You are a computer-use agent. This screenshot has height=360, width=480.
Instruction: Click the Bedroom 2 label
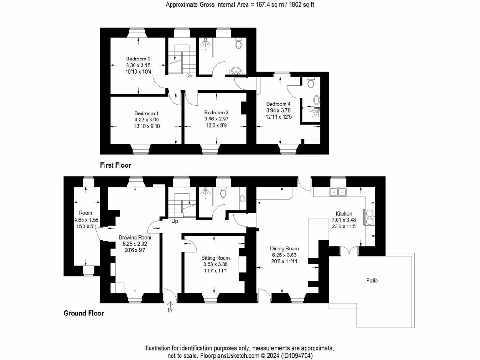(138, 59)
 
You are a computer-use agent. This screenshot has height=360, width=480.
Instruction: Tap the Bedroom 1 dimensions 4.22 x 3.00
(147, 120)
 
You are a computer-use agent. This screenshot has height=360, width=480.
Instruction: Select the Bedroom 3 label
(216, 113)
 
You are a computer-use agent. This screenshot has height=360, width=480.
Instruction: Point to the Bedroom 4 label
(278, 104)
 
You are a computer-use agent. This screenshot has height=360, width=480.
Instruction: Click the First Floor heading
(115, 165)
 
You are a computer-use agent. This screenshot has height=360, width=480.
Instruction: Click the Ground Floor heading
(83, 314)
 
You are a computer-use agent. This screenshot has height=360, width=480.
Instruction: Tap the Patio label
(372, 281)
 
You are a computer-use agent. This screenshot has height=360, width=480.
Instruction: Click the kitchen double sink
(338, 191)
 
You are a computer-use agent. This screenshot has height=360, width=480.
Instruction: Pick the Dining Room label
(284, 248)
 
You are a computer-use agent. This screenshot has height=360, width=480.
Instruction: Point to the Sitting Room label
(216, 258)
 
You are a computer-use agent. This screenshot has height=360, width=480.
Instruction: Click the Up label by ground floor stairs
(175, 221)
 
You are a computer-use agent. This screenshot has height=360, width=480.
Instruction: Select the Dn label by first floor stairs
(189, 75)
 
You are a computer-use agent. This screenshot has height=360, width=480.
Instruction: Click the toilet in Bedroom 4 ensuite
(310, 83)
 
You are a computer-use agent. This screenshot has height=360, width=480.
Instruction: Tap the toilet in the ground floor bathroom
(224, 193)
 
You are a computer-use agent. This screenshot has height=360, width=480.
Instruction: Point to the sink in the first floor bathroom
(236, 71)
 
